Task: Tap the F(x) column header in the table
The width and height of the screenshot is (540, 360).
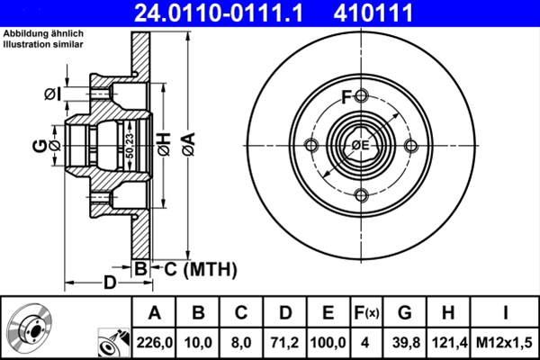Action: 365,314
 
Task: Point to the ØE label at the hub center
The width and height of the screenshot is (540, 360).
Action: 360,147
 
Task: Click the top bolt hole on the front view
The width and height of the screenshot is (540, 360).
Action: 360,95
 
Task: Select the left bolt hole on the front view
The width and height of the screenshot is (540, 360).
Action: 310,147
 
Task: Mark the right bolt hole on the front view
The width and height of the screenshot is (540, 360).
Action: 410,147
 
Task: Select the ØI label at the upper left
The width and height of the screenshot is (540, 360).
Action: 53,93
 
